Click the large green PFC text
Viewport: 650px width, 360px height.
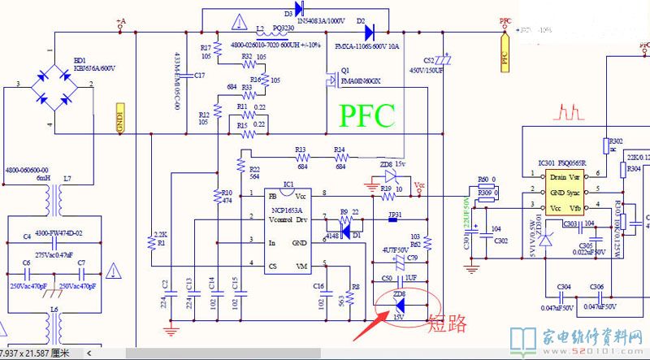point(366,116)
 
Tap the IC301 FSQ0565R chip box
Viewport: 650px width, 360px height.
point(562,192)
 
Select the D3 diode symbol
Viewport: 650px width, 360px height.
point(299,9)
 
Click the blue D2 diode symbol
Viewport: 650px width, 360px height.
point(370,33)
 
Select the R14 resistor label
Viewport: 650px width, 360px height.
point(340,150)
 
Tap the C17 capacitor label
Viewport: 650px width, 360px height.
point(200,75)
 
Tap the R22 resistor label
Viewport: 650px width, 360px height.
point(254,168)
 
